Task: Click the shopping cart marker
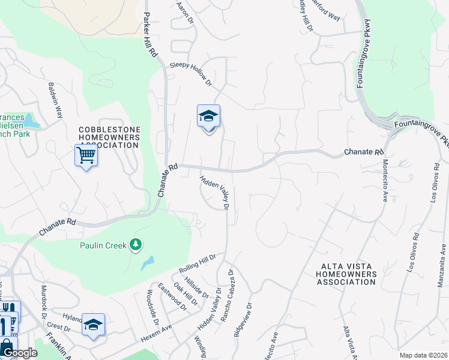pyautogui.click(x=86, y=156)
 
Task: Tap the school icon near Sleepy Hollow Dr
pyautogui.click(x=208, y=116)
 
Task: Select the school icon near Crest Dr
pyautogui.click(x=93, y=325)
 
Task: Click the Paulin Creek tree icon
pyautogui.click(x=136, y=244)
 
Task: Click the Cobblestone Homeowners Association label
pyautogui.click(x=110, y=137)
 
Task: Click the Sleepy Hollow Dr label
pyautogui.click(x=191, y=72)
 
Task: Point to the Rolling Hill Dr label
pyautogui.click(x=197, y=263)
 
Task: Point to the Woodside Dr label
pyautogui.click(x=152, y=307)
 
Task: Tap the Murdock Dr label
pyautogui.click(x=43, y=310)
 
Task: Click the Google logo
pyautogui.click(x=20, y=353)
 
